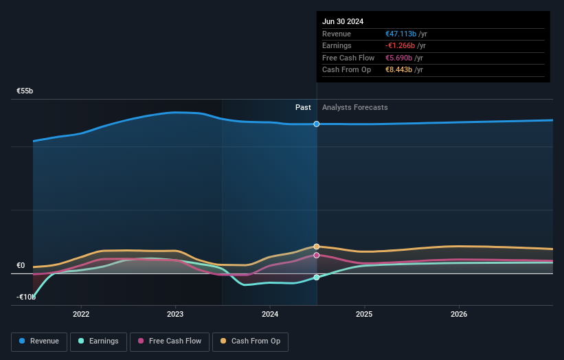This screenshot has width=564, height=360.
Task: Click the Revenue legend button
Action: coord(40,341)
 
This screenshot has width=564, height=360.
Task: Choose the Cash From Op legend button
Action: coord(250,341)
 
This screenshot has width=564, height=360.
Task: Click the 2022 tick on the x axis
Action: coord(81,314)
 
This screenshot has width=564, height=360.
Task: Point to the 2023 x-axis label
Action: coord(175,314)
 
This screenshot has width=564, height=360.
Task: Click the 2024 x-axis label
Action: coord(270,314)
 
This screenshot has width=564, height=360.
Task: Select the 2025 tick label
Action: coord(364,314)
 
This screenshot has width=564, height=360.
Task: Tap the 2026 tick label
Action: coord(459,314)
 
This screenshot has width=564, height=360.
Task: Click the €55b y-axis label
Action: coord(25,91)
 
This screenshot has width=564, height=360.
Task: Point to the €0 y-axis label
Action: coord(21,265)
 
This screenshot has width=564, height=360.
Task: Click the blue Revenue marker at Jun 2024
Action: coord(317,124)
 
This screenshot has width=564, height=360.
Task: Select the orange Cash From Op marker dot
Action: coord(317,246)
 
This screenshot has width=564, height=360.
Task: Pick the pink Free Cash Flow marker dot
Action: coord(317,255)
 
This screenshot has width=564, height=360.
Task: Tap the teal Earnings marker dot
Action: coord(317,278)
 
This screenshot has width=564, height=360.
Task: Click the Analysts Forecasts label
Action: coord(354,107)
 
